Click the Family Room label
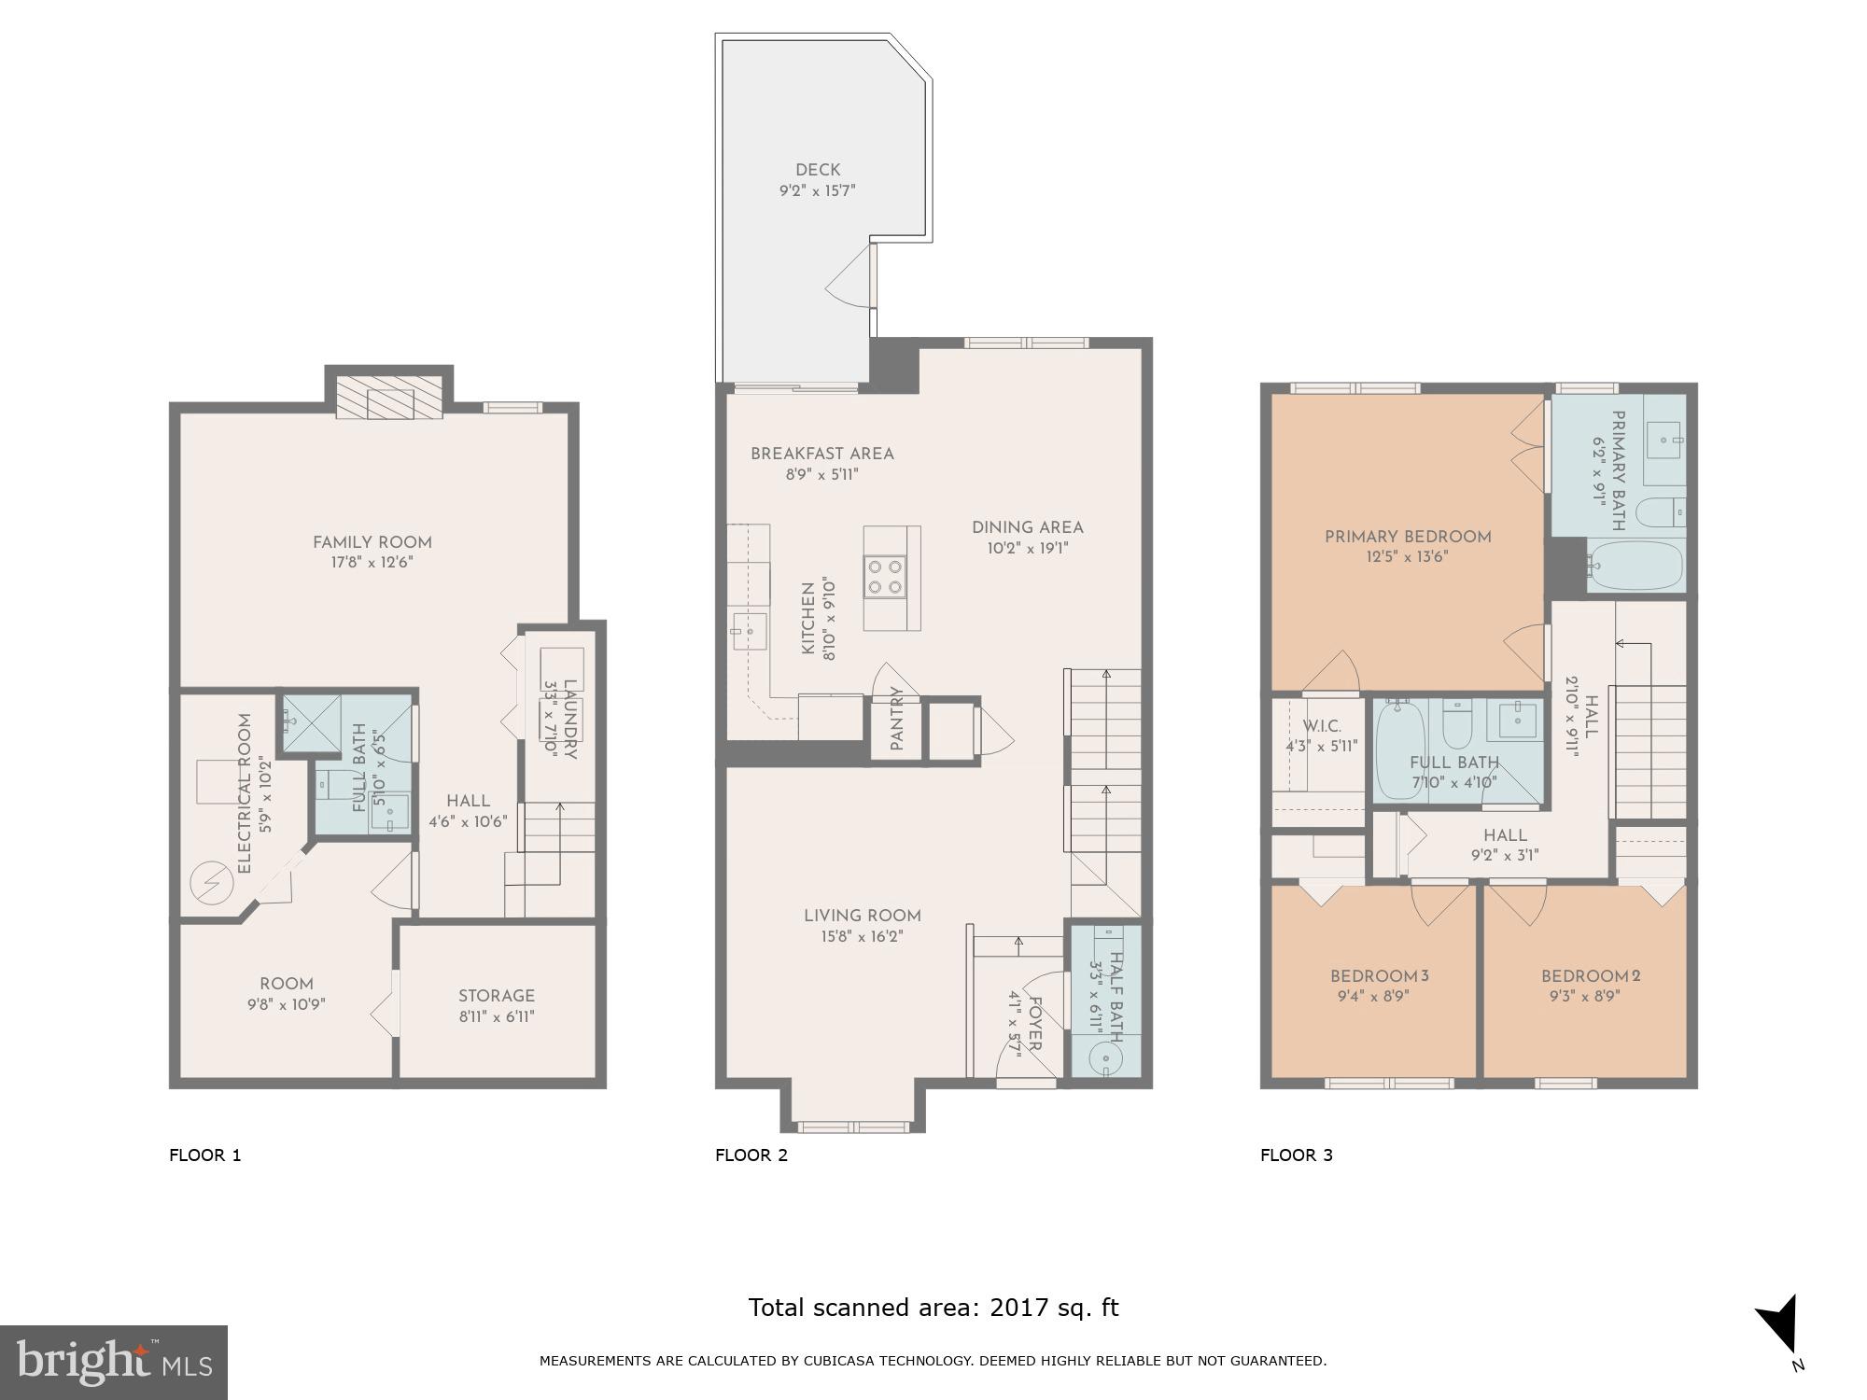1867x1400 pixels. coord(372,542)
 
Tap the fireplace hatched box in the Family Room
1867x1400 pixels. coord(387,399)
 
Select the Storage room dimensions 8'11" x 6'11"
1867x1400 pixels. coord(497,1016)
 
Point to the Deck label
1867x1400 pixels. coord(818,170)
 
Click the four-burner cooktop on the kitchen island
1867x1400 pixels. coord(885,576)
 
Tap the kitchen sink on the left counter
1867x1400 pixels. coord(749,632)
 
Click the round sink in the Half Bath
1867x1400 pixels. coord(1105,1059)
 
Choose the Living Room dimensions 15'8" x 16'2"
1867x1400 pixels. coord(863,936)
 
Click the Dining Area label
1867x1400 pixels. coord(1027,527)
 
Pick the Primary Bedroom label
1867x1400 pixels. coord(1408,537)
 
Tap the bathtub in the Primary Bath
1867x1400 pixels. coord(1635,565)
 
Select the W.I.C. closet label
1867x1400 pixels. coord(1322,726)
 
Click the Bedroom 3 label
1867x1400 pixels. coord(1379,976)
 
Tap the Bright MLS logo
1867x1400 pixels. coord(113,1363)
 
